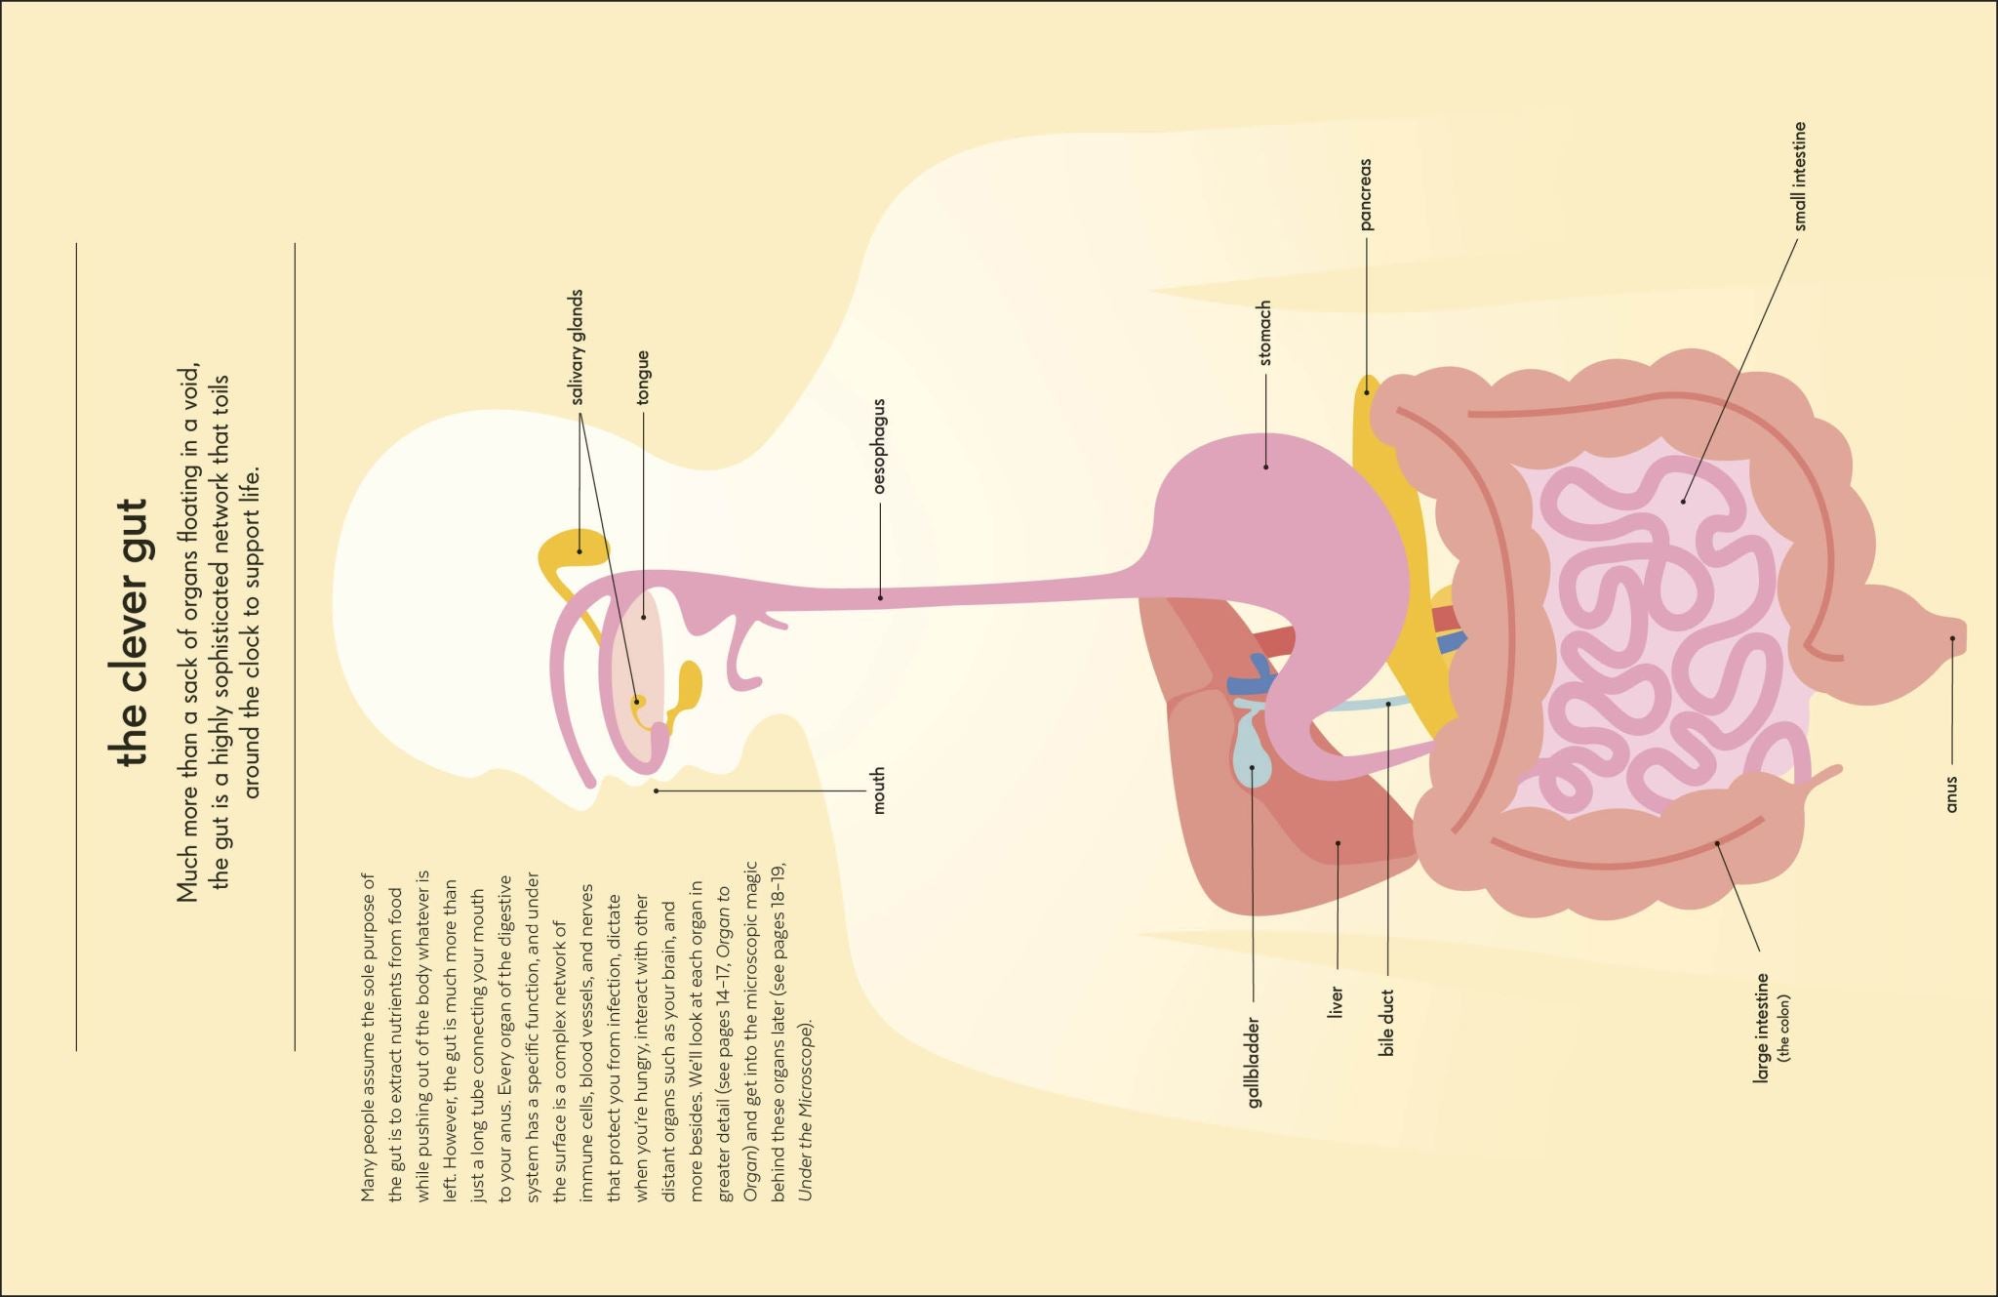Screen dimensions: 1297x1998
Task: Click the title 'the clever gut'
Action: click(130, 632)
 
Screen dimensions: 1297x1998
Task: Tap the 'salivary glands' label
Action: click(578, 346)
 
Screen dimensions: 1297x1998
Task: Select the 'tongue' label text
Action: click(643, 378)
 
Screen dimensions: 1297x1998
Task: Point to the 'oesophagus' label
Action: click(879, 445)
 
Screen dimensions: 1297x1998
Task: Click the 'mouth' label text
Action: click(879, 790)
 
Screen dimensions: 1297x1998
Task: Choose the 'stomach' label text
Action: click(1265, 333)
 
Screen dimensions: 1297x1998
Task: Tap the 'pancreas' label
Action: click(1366, 194)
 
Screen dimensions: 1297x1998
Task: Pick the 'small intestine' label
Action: click(1800, 176)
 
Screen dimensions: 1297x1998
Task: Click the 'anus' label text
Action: click(1951, 793)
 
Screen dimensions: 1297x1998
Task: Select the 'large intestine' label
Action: click(1762, 1028)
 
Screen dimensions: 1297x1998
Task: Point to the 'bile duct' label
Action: click(1387, 1022)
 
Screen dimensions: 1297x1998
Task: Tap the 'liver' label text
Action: click(1337, 1002)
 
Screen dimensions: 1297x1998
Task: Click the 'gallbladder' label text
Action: click(1254, 1063)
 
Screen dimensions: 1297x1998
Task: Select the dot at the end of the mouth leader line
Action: click(657, 790)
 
